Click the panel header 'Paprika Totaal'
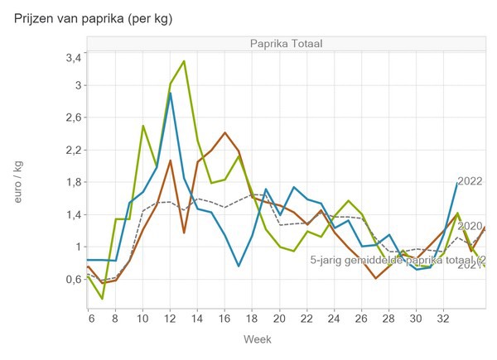click(286, 43)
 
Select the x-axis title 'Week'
click(257, 339)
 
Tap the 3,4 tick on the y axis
click(72, 58)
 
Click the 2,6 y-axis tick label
click(72, 118)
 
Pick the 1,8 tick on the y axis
click(72, 182)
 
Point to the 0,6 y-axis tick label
click(72, 279)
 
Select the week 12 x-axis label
click(170, 316)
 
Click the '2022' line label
click(470, 181)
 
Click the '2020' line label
click(470, 225)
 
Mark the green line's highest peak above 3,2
click(184, 60)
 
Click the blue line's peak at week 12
click(170, 93)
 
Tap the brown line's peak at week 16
click(224, 132)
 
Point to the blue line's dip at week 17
click(239, 266)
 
